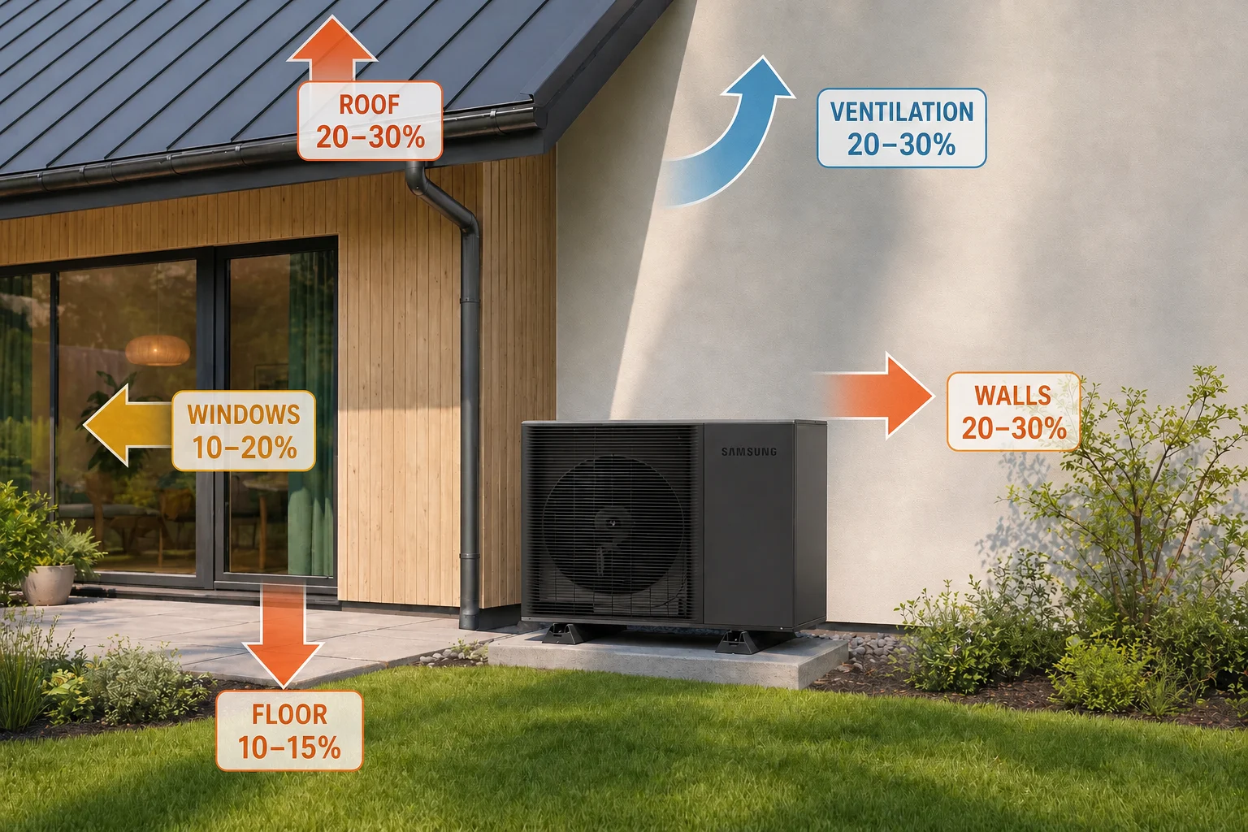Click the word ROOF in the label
pyautogui.click(x=370, y=105)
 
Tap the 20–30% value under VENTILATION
pyautogui.click(x=901, y=145)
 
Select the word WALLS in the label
pyautogui.click(x=1013, y=396)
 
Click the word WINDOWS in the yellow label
pyautogui.click(x=244, y=414)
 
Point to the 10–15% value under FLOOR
pyautogui.click(x=289, y=747)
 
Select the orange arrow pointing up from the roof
pyautogui.click(x=332, y=49)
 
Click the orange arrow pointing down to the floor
pyautogui.click(x=283, y=635)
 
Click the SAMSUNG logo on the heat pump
pyautogui.click(x=749, y=452)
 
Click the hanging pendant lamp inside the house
pyautogui.click(x=158, y=350)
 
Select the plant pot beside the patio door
pyautogui.click(x=48, y=584)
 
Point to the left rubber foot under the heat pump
pyautogui.click(x=566, y=634)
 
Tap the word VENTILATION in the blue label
pyautogui.click(x=902, y=112)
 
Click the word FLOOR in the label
pyautogui.click(x=289, y=715)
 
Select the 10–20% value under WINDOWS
pyautogui.click(x=244, y=448)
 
